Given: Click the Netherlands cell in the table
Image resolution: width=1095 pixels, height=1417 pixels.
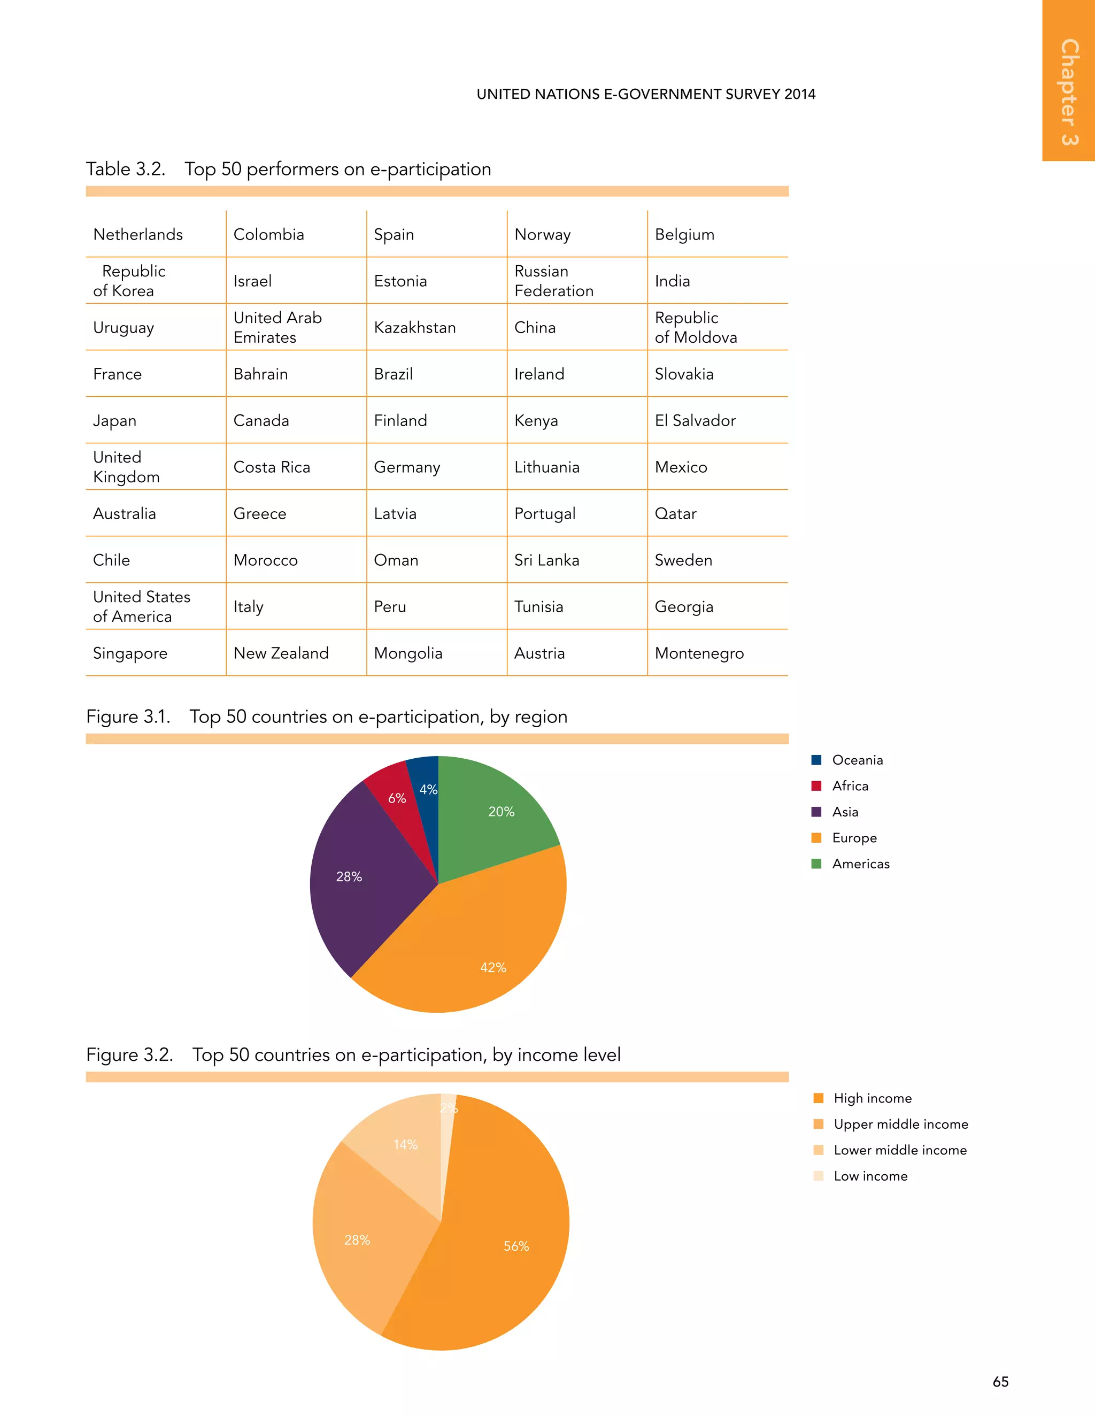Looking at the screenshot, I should (138, 234).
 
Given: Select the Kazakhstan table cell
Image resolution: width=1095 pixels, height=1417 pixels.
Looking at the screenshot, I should (414, 328).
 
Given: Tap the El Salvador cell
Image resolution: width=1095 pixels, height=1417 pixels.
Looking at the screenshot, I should (695, 420).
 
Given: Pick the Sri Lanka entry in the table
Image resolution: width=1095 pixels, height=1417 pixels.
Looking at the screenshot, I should (546, 560).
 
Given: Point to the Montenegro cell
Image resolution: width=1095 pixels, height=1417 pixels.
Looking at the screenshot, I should (699, 653).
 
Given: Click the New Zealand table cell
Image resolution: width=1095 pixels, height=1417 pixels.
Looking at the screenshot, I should (281, 653).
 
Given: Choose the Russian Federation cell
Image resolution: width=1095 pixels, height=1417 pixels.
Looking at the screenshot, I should (553, 281).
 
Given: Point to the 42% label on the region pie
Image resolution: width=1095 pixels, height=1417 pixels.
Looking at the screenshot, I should (493, 967).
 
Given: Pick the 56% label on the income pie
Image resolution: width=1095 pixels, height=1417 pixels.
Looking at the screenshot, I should (516, 1246).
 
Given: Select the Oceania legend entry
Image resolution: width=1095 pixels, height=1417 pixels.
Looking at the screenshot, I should (857, 760).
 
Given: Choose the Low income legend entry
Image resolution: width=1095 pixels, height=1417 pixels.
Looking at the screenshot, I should (870, 1176).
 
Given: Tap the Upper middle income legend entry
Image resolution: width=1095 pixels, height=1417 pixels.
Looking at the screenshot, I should (900, 1125).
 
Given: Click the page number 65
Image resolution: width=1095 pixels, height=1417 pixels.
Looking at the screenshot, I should (1000, 1382).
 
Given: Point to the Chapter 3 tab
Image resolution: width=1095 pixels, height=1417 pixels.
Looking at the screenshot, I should (1069, 91).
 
